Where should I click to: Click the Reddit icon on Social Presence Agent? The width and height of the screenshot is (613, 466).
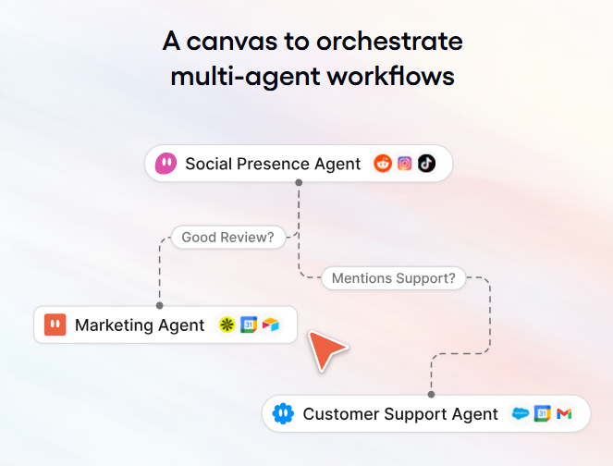coord(383,164)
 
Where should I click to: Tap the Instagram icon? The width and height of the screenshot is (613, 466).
coord(405,164)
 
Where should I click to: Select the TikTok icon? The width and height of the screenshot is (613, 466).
coord(426,164)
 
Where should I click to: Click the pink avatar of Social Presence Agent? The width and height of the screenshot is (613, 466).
coord(166,164)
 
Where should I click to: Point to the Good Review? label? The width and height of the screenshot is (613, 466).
coord(228,238)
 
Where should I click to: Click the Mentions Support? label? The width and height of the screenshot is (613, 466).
coord(393,278)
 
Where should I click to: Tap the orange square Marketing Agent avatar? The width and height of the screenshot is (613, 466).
coord(55,325)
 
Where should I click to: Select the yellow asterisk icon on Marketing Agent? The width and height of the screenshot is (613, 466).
coord(227,325)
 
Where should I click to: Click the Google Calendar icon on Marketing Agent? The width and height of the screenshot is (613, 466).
coord(249,325)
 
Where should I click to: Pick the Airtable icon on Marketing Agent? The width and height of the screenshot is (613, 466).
coord(271,325)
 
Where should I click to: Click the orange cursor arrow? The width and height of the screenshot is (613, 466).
coord(325,349)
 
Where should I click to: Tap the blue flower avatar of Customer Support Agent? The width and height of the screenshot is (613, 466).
coord(283,413)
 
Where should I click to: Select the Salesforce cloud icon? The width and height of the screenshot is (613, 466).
coord(521,413)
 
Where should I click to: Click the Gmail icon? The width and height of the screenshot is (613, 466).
coord(564,413)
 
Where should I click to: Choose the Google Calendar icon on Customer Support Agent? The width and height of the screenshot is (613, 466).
coord(542,413)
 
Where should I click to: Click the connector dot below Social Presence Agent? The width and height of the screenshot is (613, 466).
coord(299,182)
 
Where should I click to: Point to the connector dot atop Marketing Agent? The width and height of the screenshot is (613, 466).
coord(160,305)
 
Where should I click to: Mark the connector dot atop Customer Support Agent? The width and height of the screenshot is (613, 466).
coord(431,395)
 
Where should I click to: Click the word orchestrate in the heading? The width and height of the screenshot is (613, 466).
coord(389,42)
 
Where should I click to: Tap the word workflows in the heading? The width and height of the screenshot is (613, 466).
coord(391,76)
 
